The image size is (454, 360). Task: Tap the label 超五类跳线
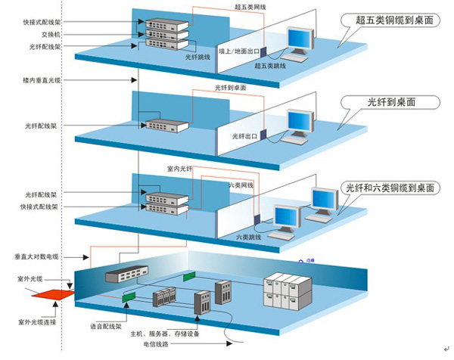point(271,67)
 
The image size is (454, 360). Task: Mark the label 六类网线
point(241,185)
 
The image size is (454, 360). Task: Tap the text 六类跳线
point(249,237)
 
